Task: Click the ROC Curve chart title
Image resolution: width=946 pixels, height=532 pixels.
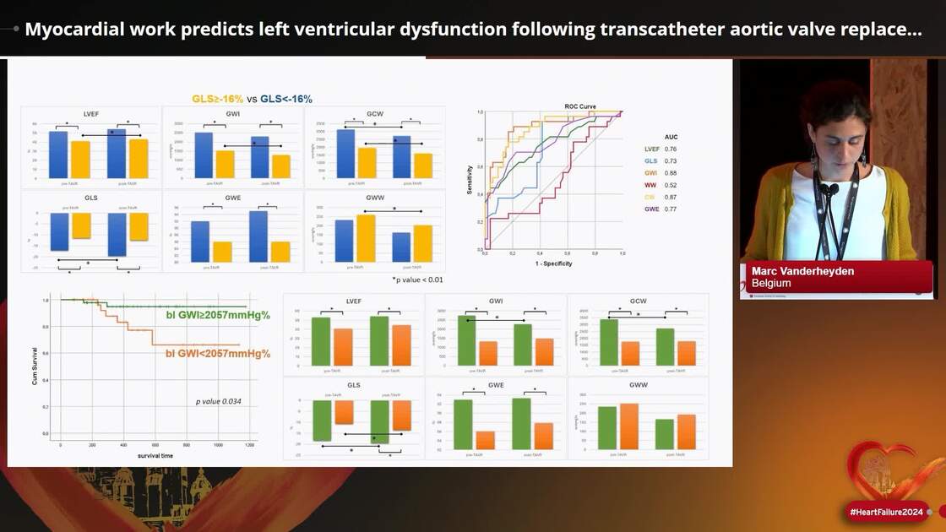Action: (x=579, y=106)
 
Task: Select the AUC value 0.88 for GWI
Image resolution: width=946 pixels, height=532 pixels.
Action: (x=671, y=173)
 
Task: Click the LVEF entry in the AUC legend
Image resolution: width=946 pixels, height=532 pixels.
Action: (x=651, y=149)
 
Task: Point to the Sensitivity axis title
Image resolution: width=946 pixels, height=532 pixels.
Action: (x=470, y=179)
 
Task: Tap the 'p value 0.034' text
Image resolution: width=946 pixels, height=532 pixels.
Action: (x=219, y=401)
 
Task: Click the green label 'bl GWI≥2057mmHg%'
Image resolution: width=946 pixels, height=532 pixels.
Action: (x=217, y=315)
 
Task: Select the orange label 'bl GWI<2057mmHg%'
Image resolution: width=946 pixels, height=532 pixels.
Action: (x=217, y=353)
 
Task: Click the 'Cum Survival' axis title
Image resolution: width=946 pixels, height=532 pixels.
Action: (x=35, y=365)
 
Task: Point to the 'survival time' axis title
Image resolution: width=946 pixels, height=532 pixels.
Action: (x=155, y=456)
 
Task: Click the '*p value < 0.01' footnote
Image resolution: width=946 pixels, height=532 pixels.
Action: (x=417, y=280)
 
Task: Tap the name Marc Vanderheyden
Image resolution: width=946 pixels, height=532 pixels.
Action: (x=791, y=271)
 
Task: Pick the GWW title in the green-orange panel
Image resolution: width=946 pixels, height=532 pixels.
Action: (x=637, y=384)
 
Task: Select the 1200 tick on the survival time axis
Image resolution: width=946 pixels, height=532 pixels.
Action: (x=249, y=444)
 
